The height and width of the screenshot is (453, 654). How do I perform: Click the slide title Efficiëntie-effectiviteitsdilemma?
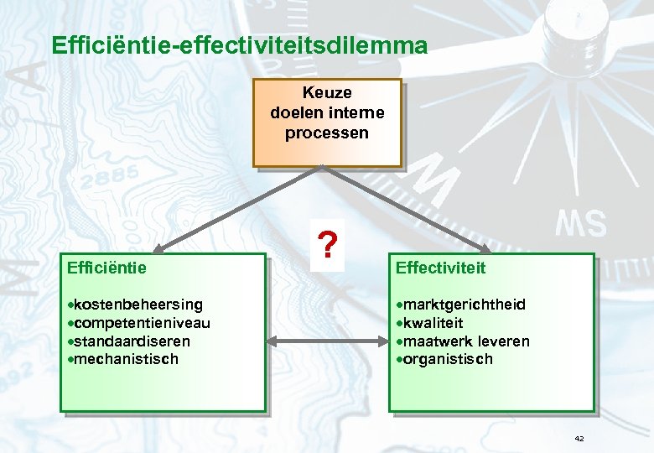tap(239, 44)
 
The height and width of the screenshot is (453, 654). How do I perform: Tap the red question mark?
tap(329, 245)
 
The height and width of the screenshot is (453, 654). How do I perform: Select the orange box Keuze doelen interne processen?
tap(328, 123)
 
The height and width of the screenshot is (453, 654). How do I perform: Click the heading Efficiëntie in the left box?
tap(106, 268)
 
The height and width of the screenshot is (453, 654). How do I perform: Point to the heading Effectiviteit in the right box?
tap(440, 268)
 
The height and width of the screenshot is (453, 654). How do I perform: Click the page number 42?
tap(579, 439)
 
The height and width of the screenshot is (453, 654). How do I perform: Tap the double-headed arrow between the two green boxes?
tap(328, 341)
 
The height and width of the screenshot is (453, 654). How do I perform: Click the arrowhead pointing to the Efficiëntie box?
tap(159, 248)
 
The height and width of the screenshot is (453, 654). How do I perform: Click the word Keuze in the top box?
tap(327, 92)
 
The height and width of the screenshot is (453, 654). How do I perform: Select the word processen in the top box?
tap(327, 133)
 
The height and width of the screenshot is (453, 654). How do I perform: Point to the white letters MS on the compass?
tap(580, 223)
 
